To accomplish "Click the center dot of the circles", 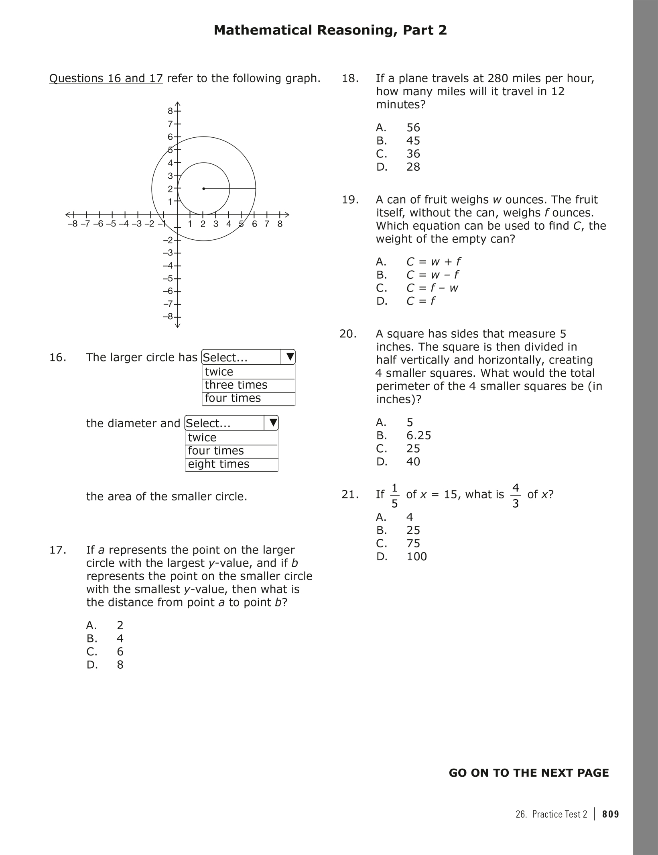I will pos(204,188).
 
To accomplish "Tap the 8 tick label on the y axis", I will pos(170,111).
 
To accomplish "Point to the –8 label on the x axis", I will pos(73,224).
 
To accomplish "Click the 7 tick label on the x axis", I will pos(267,224).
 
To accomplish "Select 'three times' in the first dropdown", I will pos(236,385).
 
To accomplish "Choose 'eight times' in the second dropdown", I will pos(219,464).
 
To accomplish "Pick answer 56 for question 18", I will pos(413,128).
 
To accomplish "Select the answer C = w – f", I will pos(433,275).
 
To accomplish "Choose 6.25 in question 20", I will pos(418,435).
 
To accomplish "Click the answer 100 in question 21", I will pos(416,556).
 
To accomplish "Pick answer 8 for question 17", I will pos(120,665).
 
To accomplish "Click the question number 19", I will pos(350,200).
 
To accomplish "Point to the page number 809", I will pos(611,814).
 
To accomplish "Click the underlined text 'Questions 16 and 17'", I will pos(106,78).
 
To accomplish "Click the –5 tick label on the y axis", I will pos(169,278).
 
